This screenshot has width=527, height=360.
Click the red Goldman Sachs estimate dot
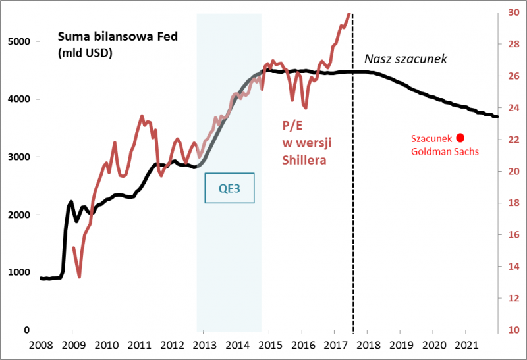click(460, 138)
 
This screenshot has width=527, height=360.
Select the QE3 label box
click(230, 188)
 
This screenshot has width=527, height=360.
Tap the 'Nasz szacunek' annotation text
click(406, 59)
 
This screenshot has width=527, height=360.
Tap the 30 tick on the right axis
click(513, 13)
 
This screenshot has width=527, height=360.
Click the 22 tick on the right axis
click(513, 140)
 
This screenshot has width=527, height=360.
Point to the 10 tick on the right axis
click(513, 330)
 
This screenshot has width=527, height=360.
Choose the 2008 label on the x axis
click(41, 345)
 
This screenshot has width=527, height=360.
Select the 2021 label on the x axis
click(466, 345)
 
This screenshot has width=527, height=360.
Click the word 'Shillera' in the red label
click(304, 159)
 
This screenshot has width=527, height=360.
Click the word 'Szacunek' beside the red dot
click(431, 139)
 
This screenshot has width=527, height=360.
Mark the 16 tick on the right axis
click(513, 235)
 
